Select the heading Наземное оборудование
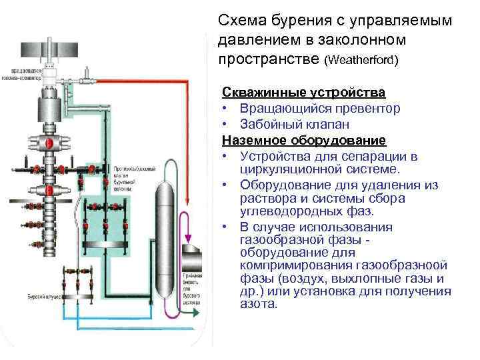tap(304, 140)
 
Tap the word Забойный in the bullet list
tap(271, 124)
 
